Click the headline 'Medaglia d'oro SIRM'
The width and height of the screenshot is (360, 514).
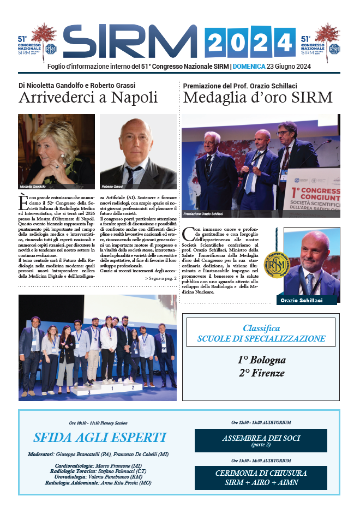pos(257,98)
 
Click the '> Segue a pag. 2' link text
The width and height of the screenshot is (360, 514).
pos(160,279)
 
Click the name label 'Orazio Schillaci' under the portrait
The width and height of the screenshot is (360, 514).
pos(302,301)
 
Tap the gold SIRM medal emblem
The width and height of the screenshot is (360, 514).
pos(277,264)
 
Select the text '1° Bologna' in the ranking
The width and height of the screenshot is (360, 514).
pos(261,360)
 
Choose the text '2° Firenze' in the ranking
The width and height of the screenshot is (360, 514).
pos(261,373)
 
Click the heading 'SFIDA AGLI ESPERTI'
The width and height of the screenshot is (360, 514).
pos(99,438)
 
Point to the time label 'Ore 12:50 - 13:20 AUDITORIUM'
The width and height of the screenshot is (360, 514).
pos(261,422)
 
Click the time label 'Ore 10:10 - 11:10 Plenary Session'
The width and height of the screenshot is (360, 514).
pos(99,423)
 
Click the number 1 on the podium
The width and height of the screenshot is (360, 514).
pos(112,389)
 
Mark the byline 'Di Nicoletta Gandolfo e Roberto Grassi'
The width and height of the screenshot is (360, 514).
pos(77,86)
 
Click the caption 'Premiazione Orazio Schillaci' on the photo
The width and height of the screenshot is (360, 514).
pos(204,213)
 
